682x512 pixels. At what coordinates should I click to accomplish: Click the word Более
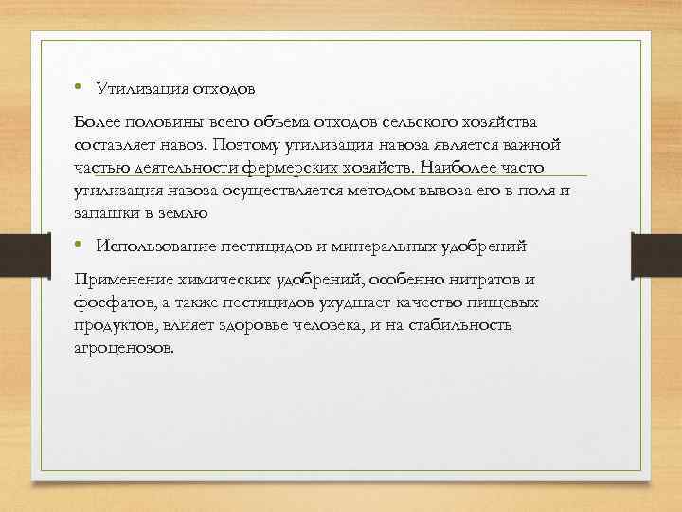(x=96, y=123)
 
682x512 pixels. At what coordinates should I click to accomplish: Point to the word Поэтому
(x=247, y=145)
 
